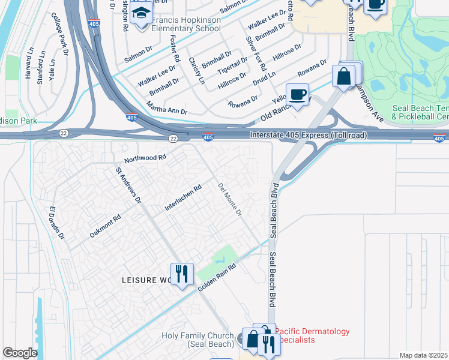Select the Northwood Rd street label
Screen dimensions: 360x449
[145, 158]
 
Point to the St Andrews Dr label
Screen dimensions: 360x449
[128, 186]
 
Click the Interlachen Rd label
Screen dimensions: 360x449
[183, 199]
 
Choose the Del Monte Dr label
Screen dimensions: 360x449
[230, 200]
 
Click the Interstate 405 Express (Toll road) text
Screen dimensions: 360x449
[309, 136]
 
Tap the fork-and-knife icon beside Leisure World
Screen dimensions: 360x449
[182, 274]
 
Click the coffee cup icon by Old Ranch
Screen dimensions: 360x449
[297, 94]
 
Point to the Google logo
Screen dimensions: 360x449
[20, 353]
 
